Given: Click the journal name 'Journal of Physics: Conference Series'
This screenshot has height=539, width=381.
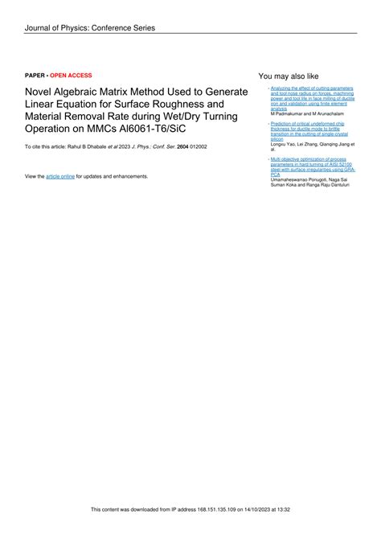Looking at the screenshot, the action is tap(89, 28).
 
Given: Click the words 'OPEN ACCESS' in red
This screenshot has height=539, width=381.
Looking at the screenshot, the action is tap(71, 75).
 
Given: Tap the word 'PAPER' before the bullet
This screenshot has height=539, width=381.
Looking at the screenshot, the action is tap(35, 75).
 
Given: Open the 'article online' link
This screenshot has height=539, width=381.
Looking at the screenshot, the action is tap(60, 175).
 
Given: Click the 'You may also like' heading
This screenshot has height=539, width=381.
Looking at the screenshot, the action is tap(289, 76).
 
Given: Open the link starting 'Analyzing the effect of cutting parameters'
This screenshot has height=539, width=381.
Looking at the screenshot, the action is tap(312, 88).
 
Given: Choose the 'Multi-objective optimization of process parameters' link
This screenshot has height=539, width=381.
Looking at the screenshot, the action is tap(310, 159).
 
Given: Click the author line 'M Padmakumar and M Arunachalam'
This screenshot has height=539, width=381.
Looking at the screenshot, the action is tap(308, 114).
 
